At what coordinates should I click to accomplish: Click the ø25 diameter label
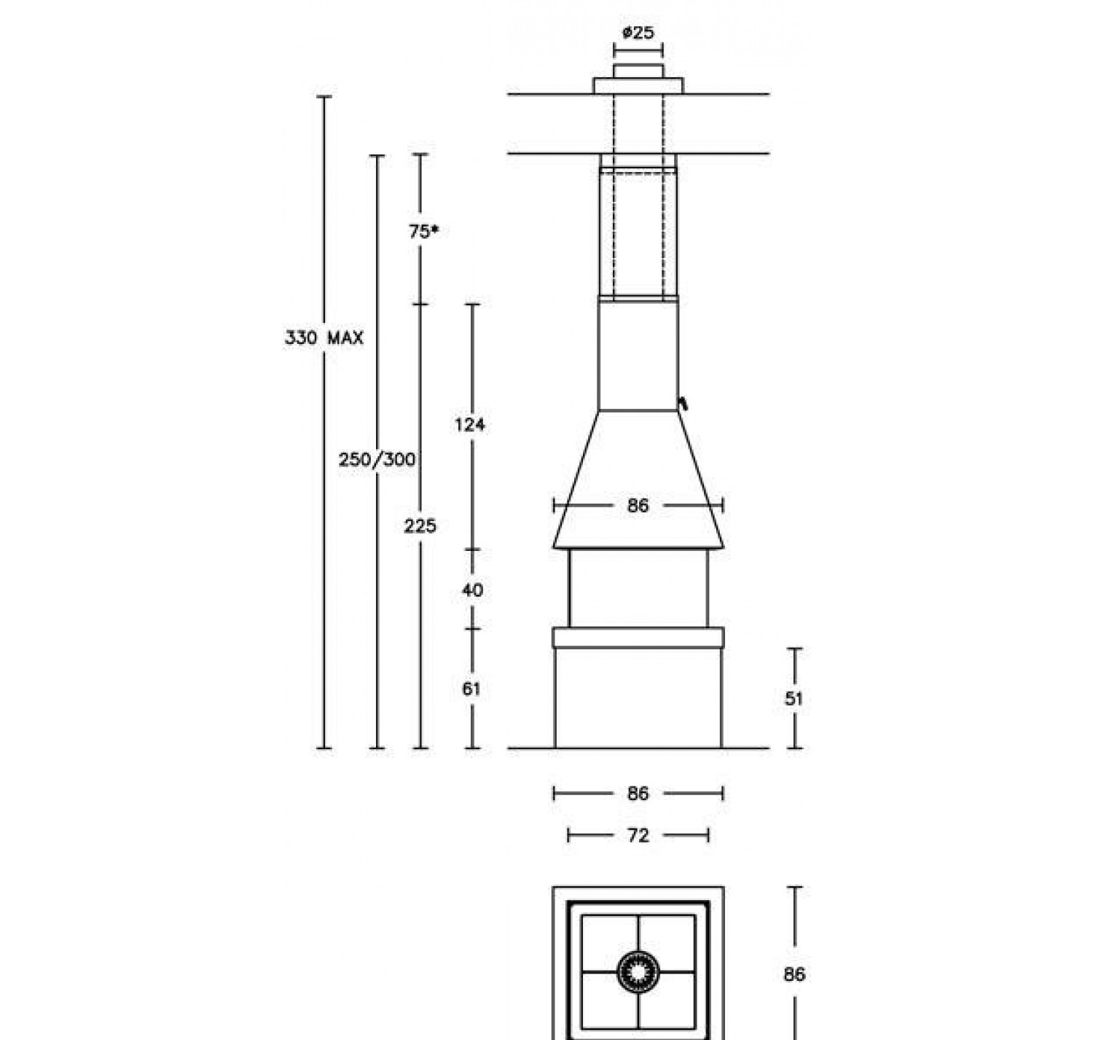[x=638, y=34]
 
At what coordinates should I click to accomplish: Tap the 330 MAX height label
[x=324, y=337]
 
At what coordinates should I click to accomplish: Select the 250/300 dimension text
[x=377, y=459]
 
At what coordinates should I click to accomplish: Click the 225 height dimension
[x=420, y=525]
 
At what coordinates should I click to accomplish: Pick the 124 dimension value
[x=470, y=425]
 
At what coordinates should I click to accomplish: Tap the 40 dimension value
[x=473, y=590]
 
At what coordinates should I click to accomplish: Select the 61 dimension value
[x=471, y=689]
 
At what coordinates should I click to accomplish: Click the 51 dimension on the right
[x=794, y=698]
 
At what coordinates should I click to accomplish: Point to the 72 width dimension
[x=638, y=835]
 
